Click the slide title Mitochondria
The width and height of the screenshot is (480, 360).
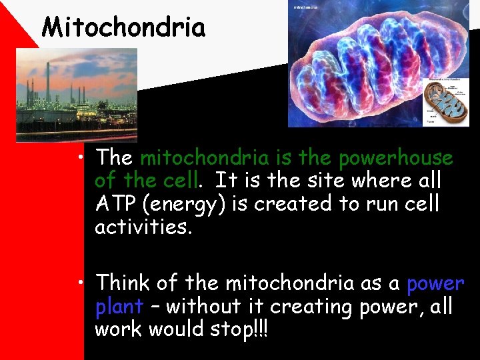coord(123,27)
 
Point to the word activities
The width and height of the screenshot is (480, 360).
coord(143,227)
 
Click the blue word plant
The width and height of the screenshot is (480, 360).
coord(119,307)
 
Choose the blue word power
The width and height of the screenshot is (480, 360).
coord(435,284)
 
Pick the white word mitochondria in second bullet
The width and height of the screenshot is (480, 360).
coord(289,283)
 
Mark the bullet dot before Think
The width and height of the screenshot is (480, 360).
coord(80,284)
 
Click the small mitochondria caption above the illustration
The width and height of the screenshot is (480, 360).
coord(306,7)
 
